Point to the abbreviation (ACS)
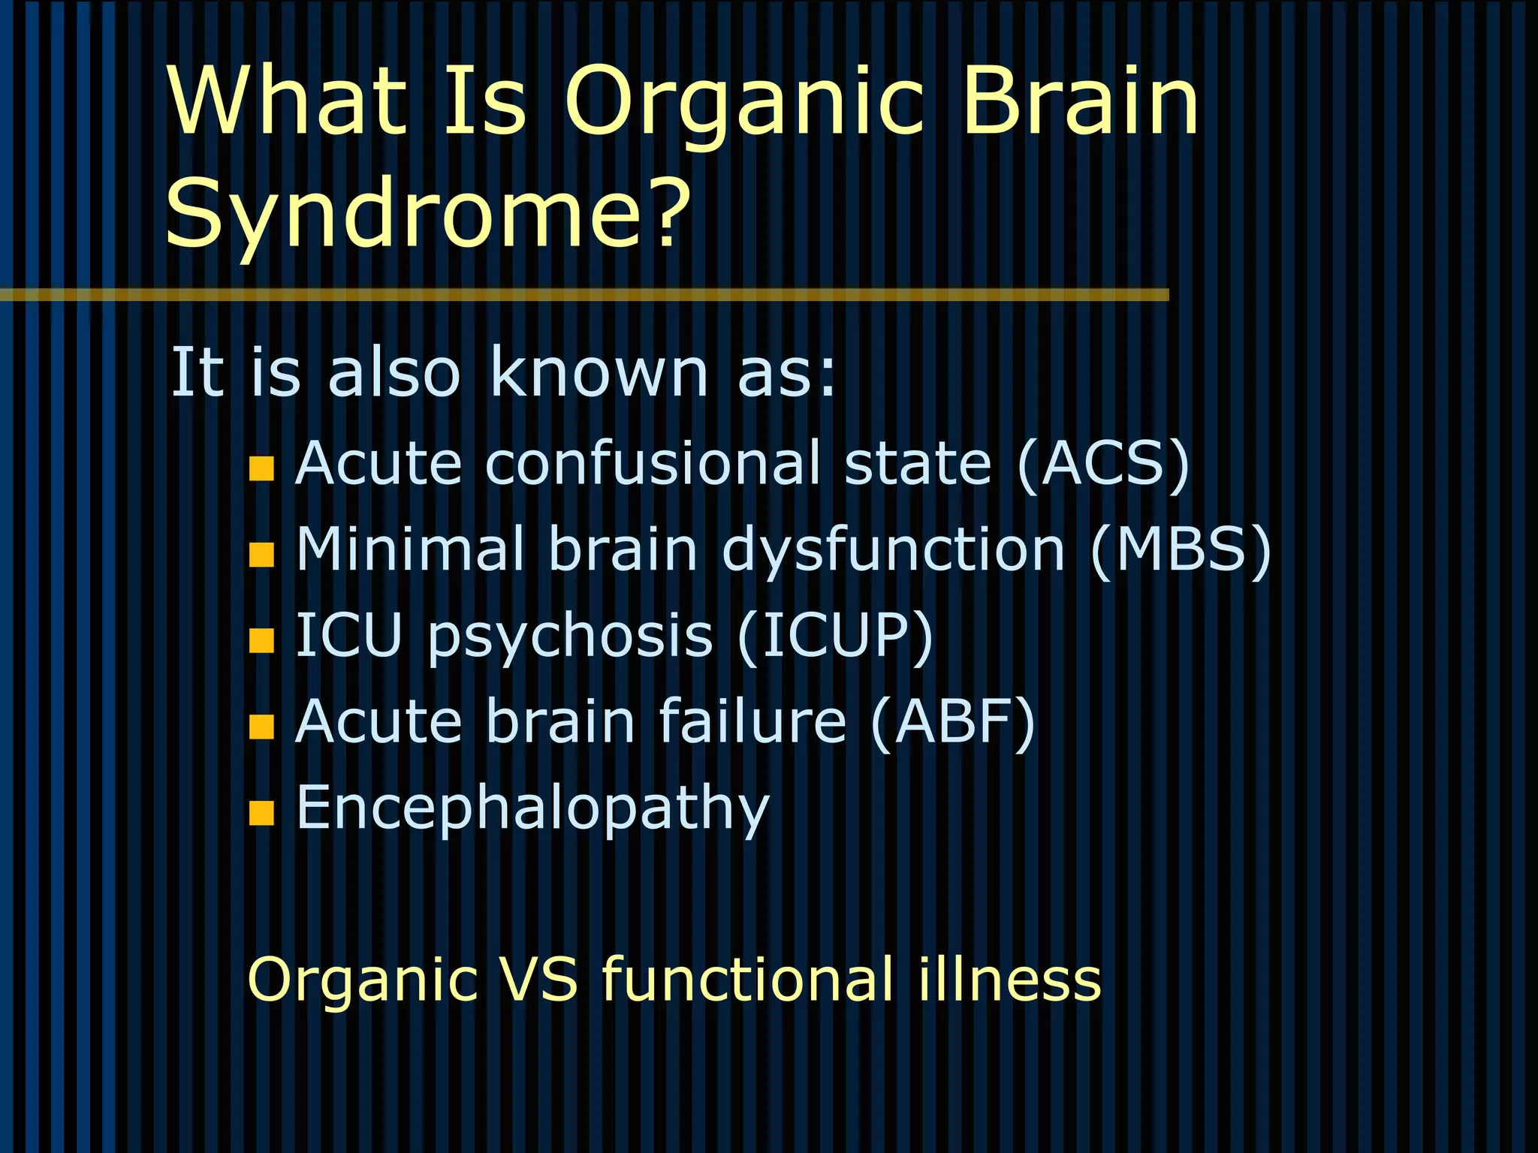[x=1103, y=464]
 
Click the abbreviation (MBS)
[x=1180, y=549]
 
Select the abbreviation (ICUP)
[x=835, y=636]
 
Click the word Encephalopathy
[x=533, y=809]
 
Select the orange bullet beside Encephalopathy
[x=261, y=813]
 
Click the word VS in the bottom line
[x=539, y=980]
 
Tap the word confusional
[x=653, y=464]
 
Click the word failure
[x=752, y=722]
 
